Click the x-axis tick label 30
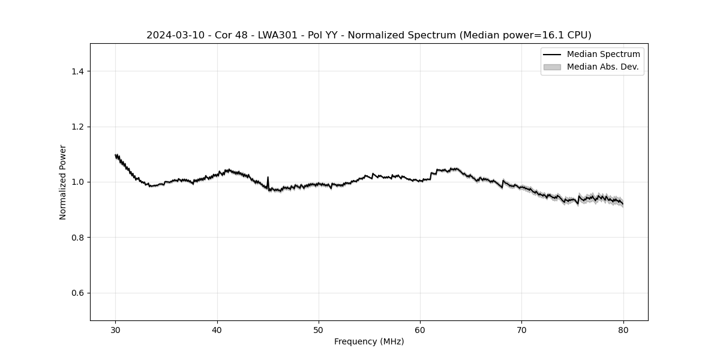(x=116, y=329)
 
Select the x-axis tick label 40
(x=217, y=329)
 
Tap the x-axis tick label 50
(x=319, y=329)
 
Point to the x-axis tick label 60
(x=420, y=329)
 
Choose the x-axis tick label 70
(x=521, y=329)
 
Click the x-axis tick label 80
(x=623, y=329)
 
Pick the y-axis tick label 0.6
(x=77, y=293)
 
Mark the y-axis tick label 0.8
(x=77, y=238)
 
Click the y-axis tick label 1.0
(x=77, y=182)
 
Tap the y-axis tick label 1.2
(x=77, y=127)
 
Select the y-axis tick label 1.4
(x=77, y=71)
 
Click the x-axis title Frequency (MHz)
(x=369, y=341)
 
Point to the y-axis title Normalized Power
(x=63, y=182)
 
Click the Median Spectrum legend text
(x=603, y=55)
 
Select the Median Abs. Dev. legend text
(x=602, y=67)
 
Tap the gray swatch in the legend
(x=552, y=67)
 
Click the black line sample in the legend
(x=552, y=55)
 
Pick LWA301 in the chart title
(x=277, y=35)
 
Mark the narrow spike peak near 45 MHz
(x=268, y=177)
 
